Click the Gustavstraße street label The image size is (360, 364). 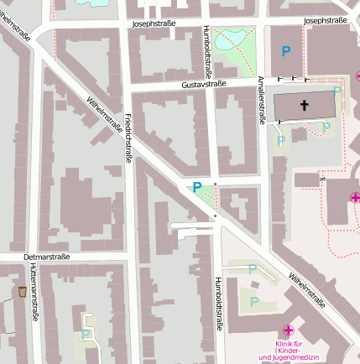(204, 86)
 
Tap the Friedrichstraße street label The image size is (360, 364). (128, 137)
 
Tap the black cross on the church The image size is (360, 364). (304, 107)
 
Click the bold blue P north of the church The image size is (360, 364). (286, 52)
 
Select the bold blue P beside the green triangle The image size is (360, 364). (197, 188)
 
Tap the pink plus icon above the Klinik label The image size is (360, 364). (288, 331)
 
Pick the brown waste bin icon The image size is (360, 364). (22, 292)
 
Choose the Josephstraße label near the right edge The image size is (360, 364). (326, 19)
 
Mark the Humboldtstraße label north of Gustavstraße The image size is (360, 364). (207, 51)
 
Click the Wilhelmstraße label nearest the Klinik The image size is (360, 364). (306, 289)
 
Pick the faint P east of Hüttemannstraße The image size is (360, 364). (86, 333)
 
